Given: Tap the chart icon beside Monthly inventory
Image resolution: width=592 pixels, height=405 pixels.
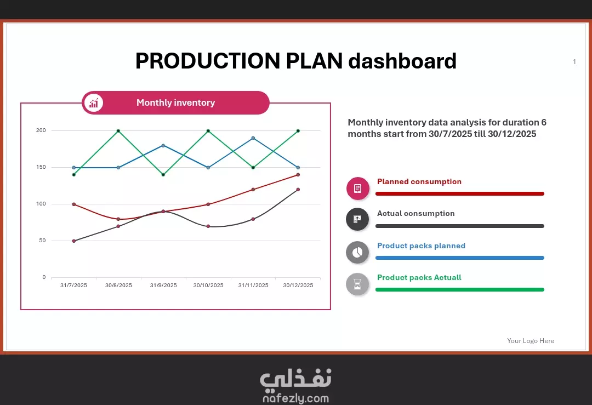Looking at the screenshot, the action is [94, 102].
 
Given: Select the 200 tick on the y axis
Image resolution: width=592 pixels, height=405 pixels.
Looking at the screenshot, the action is [41, 130].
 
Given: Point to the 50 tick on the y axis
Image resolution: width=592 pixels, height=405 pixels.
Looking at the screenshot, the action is [42, 241].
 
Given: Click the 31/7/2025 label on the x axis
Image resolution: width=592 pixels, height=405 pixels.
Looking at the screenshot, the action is [73, 286].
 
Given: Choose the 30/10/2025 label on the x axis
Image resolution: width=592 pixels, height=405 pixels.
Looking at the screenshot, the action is [208, 286].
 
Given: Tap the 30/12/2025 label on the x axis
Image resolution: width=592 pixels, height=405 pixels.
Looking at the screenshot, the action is [298, 286].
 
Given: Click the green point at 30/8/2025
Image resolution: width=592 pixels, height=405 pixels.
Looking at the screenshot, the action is [118, 131].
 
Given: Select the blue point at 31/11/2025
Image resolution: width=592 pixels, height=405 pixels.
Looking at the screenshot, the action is [253, 138].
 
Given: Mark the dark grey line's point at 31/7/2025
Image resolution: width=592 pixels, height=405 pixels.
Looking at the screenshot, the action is [73, 241].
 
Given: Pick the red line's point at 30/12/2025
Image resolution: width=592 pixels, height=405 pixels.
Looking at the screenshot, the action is [298, 175].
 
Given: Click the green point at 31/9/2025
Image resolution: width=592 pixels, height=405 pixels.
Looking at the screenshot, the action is [163, 175].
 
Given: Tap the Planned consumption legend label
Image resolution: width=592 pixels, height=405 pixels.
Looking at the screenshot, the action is [419, 181].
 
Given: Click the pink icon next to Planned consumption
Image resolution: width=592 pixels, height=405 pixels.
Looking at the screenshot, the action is [357, 188].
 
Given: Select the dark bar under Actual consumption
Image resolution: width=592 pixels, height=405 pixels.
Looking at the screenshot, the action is [460, 226].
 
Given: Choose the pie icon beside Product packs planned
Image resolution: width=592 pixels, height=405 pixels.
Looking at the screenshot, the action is [357, 252].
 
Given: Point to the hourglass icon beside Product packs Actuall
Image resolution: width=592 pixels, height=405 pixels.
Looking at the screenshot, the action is [357, 284].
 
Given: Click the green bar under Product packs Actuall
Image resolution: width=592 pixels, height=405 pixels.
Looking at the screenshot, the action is [460, 289].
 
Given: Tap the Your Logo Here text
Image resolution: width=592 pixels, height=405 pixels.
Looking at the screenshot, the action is [531, 341].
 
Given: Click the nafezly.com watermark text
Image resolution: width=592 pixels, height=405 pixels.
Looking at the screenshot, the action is [295, 398].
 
